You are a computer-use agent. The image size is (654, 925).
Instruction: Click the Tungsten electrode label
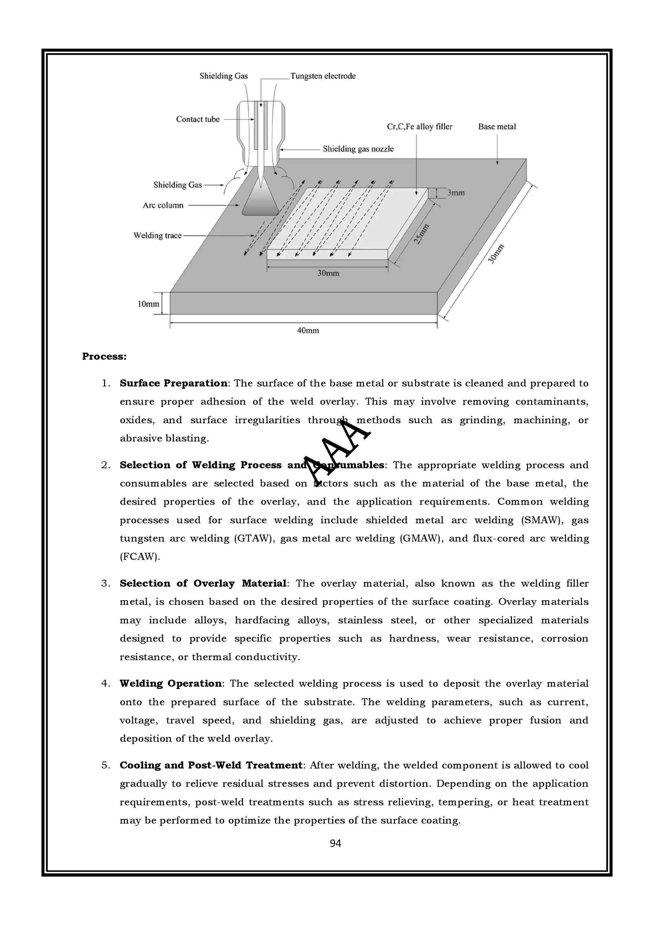pyautogui.click(x=323, y=76)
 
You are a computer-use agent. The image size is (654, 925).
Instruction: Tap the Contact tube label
pyautogui.click(x=198, y=119)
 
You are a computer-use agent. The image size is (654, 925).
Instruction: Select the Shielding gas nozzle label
pyautogui.click(x=358, y=149)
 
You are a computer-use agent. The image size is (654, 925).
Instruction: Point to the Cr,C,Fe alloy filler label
pyautogui.click(x=420, y=127)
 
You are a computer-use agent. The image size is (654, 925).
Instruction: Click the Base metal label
pyautogui.click(x=497, y=127)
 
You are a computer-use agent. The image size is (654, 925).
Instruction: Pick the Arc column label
pyautogui.click(x=163, y=206)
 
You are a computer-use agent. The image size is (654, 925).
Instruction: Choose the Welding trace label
pyautogui.click(x=157, y=236)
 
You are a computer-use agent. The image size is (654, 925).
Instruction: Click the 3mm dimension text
pyautogui.click(x=456, y=193)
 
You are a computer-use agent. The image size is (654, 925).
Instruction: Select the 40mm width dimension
pyautogui.click(x=308, y=331)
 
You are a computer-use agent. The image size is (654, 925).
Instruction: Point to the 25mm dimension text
pyautogui.click(x=421, y=234)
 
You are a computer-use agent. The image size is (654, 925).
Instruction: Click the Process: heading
pyautogui.click(x=104, y=357)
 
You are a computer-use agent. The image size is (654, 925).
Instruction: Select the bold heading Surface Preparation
pyautogui.click(x=173, y=383)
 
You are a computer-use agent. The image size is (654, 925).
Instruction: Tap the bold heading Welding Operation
pyautogui.click(x=171, y=684)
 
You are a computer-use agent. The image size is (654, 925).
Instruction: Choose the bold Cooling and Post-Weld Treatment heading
pyautogui.click(x=211, y=765)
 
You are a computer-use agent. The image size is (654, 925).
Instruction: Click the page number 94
pyautogui.click(x=335, y=844)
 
